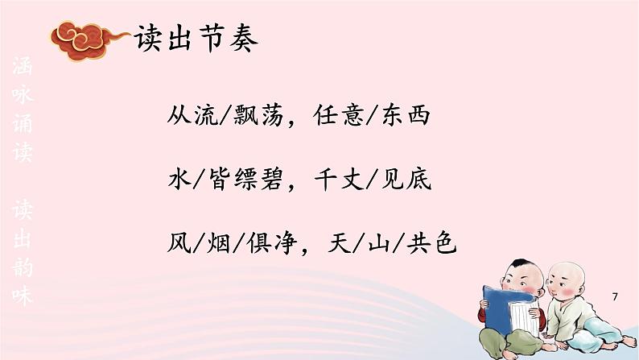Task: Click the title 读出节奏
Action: click(197, 37)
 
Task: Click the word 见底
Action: click(410, 178)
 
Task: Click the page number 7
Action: click(616, 299)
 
